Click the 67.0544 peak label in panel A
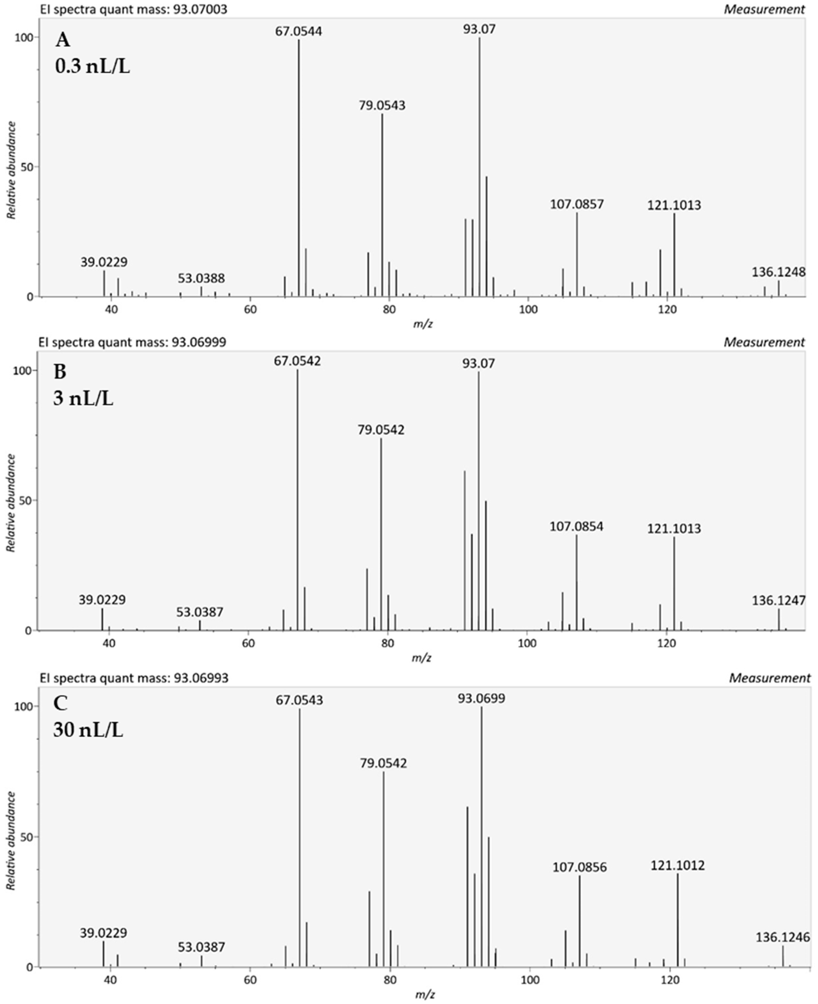coord(299,32)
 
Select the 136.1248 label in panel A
coord(778,272)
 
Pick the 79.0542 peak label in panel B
coord(381,430)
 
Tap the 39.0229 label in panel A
coord(104,262)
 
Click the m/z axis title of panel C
coord(425,995)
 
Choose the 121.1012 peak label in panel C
coord(678,865)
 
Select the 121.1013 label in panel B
coord(674,528)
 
